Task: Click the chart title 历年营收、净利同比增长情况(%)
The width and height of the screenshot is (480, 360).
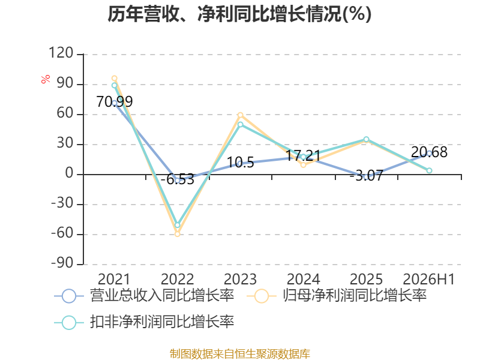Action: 239,14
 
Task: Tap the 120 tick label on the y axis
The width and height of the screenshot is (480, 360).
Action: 61,53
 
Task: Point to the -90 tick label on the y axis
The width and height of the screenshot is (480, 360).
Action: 62,263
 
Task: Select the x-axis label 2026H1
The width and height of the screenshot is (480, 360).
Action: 428,279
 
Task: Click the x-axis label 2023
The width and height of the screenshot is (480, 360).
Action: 241,279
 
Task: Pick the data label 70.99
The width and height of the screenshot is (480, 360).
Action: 115,101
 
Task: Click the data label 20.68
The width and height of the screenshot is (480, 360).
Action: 429,152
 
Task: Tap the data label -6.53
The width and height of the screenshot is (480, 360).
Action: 178,179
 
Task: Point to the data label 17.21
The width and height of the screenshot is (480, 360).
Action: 303,156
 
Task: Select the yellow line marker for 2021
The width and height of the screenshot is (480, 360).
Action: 115,79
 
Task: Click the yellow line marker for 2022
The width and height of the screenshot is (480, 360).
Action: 177,234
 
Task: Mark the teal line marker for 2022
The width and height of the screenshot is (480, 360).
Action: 177,225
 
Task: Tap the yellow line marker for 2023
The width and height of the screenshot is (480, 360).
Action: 241,115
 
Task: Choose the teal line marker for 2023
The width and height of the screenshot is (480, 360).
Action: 241,124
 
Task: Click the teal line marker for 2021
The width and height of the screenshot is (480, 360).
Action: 115,85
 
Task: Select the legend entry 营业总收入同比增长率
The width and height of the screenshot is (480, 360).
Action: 144,296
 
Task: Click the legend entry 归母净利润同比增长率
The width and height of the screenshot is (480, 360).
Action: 337,296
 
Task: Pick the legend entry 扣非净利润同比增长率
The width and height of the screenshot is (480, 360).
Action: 144,322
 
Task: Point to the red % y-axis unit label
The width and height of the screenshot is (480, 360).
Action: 46,79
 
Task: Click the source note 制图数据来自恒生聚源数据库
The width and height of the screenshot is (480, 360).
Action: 240,354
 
